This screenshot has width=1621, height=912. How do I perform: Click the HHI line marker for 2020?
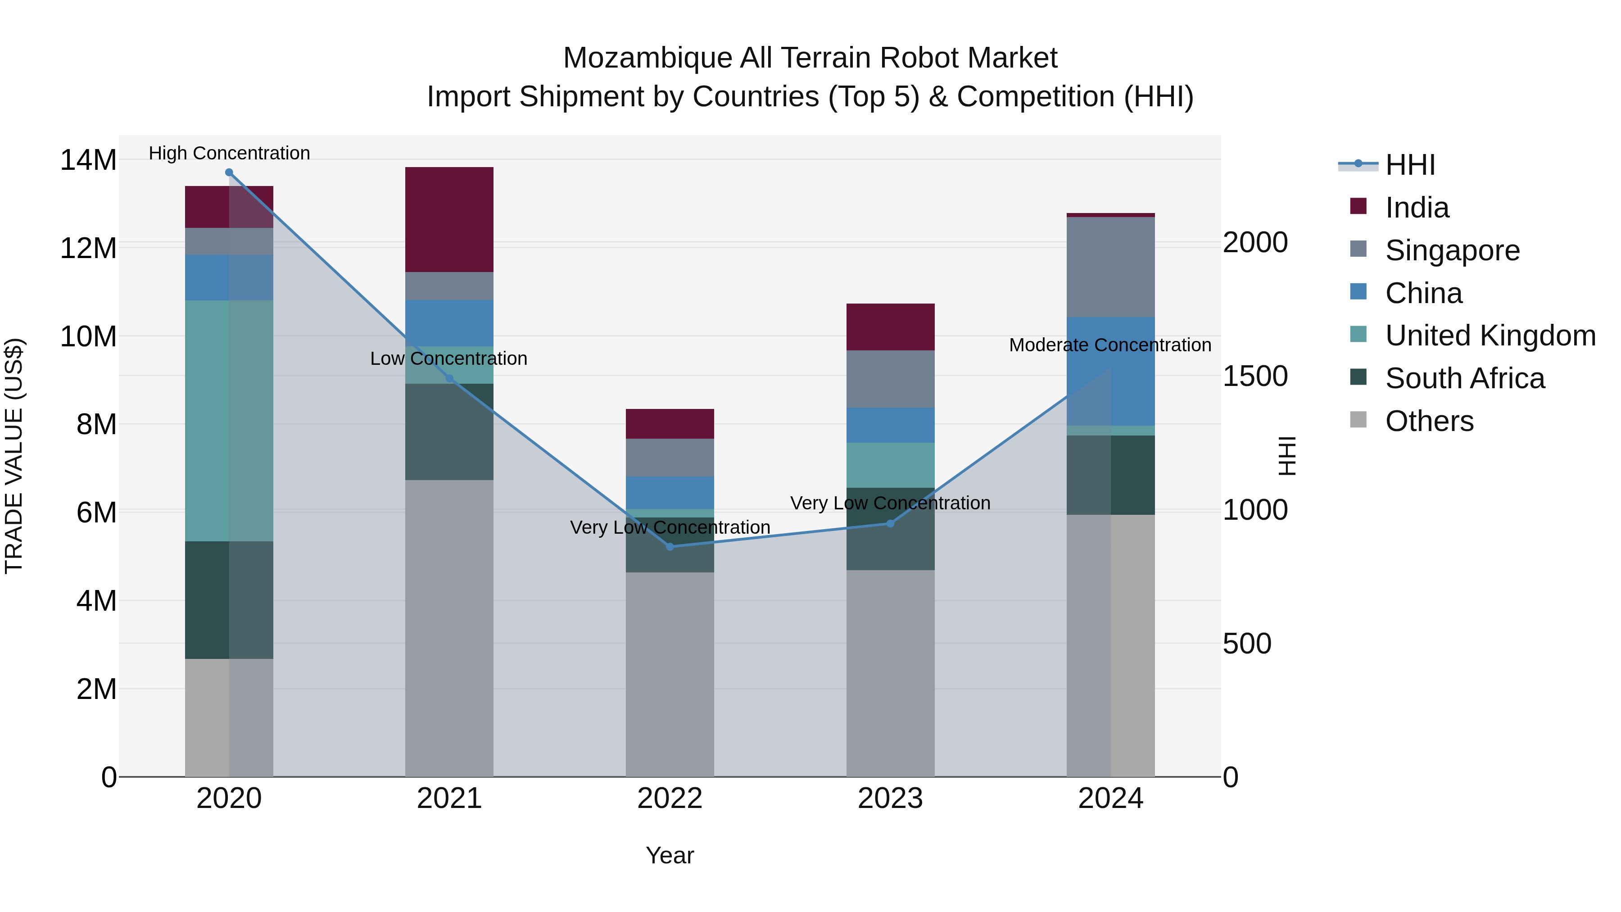click(x=229, y=172)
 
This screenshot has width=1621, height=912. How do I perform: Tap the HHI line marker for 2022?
click(x=670, y=547)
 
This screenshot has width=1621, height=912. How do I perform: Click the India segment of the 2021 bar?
click(x=449, y=220)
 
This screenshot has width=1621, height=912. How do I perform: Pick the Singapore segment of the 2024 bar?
click(x=1111, y=267)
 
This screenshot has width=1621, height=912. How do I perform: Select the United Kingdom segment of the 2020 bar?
click(x=229, y=421)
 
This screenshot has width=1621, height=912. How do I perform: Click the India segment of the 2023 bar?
click(x=890, y=327)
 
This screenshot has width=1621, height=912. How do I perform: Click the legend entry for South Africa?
click(x=1464, y=379)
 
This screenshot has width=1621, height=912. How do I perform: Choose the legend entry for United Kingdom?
click(x=1489, y=336)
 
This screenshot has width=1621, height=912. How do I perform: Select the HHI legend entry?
click(x=1409, y=165)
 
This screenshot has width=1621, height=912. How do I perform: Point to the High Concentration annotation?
click(x=229, y=153)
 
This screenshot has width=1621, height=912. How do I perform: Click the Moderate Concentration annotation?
click(x=1110, y=345)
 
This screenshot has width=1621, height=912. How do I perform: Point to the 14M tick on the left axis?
click(x=88, y=160)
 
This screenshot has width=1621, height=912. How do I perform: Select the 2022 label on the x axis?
click(x=670, y=799)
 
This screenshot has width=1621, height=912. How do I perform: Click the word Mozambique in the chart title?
click(x=647, y=58)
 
